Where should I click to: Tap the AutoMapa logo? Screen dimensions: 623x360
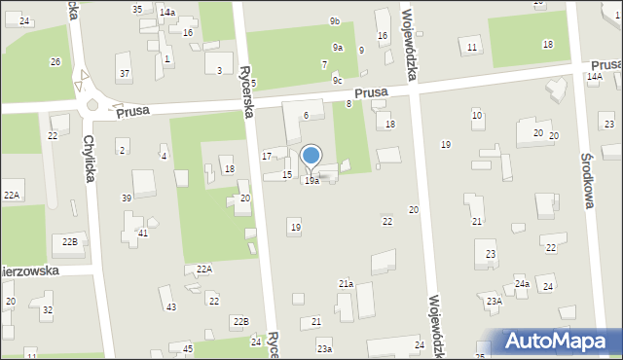tap(561, 341)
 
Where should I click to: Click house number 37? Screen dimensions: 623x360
tap(124, 74)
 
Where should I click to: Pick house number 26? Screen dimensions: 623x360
tap(55, 62)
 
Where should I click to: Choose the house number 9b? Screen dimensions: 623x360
tap(334, 20)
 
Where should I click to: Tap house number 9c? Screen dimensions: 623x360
tap(337, 80)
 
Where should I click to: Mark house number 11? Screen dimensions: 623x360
tap(472, 48)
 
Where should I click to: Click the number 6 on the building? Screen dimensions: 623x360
tap(306, 115)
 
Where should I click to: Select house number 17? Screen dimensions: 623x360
tap(267, 156)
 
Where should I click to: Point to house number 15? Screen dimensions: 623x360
tap(287, 174)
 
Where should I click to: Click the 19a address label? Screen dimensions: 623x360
tap(311, 181)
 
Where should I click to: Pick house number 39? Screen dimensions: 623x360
tap(127, 198)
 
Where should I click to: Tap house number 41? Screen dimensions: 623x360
tap(143, 233)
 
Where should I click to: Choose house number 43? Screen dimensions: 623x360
tap(171, 306)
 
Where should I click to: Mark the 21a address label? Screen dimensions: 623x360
tap(346, 283)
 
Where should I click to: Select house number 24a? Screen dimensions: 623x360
tap(522, 283)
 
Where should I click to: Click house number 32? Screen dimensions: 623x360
tap(48, 309)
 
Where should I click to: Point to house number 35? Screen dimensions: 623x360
tap(137, 9)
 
